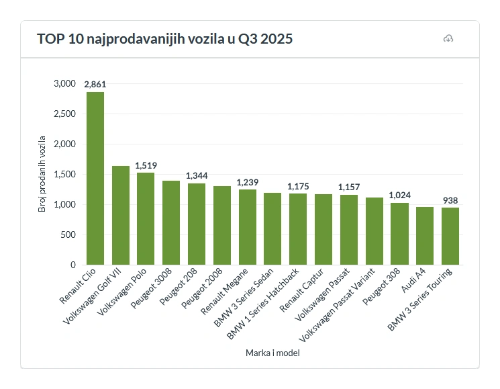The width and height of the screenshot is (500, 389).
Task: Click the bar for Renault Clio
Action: coord(95,178)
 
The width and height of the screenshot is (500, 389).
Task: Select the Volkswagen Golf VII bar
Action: coord(121,215)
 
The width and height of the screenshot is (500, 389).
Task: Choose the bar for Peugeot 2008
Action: coord(222,225)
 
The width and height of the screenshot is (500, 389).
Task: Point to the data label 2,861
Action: coord(95,85)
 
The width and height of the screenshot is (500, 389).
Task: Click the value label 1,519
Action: coord(146,165)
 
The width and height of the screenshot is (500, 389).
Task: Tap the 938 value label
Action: coord(450,200)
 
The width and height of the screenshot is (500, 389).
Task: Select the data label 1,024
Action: coord(399,196)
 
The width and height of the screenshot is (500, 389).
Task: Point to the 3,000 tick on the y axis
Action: coord(64,84)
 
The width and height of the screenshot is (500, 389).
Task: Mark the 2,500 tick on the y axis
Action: coord(64,114)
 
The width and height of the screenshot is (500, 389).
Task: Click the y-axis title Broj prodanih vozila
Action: coord(42,174)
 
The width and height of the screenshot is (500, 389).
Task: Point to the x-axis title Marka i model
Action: coord(272,353)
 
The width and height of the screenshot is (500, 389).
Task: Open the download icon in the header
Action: coord(448,39)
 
